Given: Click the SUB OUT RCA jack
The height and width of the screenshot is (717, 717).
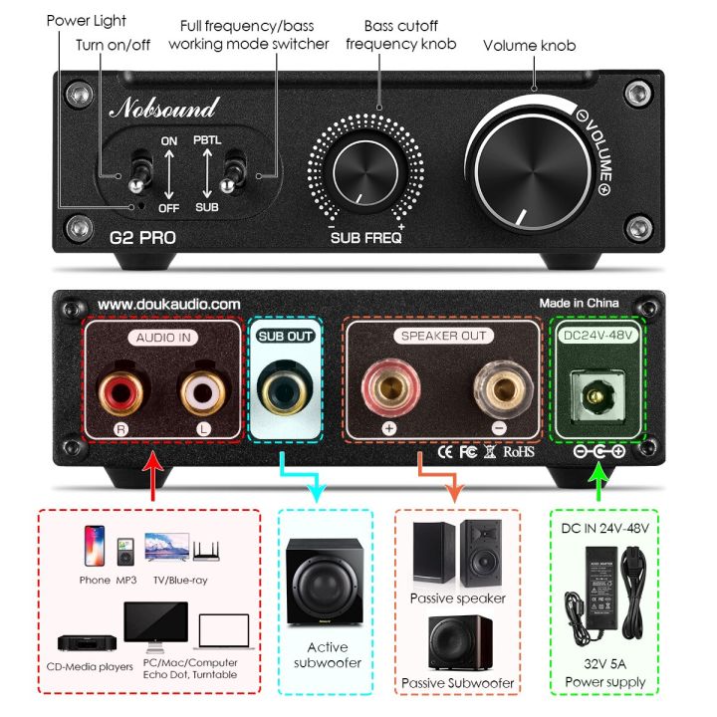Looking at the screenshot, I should point(285,386).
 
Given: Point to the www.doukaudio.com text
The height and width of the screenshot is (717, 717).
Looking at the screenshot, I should point(169,304).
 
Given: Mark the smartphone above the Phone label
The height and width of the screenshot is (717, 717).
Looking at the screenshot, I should point(96,549).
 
